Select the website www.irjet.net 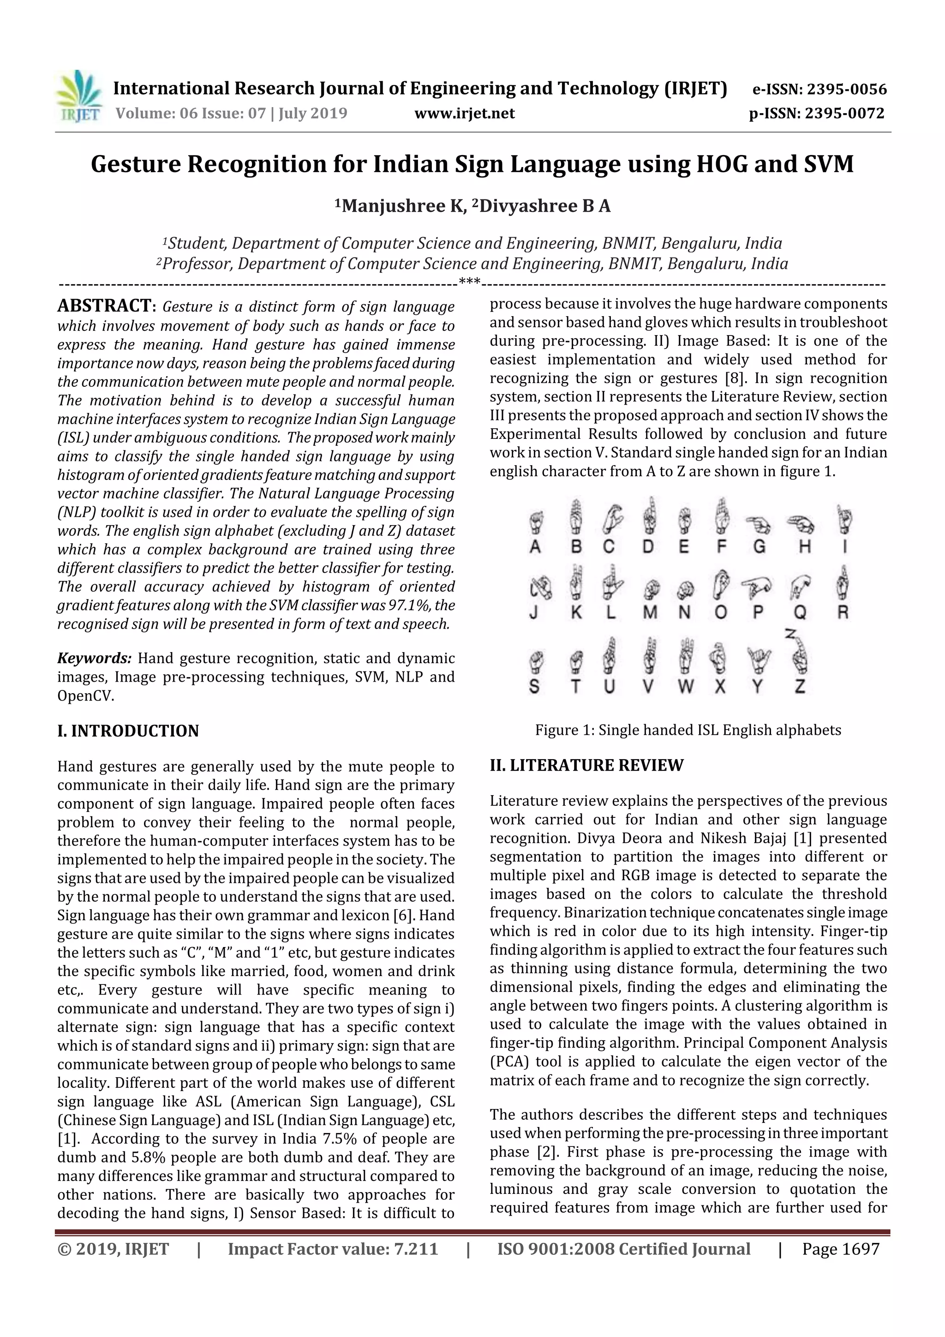(464, 113)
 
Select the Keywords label (94, 658)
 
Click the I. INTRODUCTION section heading (128, 731)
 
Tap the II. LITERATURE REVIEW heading (586, 765)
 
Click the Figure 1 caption (688, 730)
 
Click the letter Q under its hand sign (800, 612)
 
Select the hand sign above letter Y (759, 660)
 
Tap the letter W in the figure (685, 687)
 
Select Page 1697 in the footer (840, 1248)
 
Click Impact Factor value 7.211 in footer (333, 1248)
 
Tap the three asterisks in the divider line (469, 283)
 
